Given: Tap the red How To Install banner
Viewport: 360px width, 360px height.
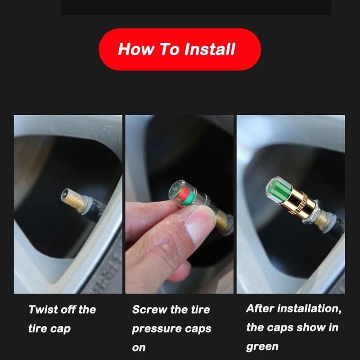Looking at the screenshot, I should (x=180, y=49).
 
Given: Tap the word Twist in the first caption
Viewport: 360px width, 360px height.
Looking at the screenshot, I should (x=44, y=310).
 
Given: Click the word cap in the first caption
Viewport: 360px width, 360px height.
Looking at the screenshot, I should (x=60, y=329).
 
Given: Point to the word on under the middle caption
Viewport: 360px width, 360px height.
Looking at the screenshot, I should (x=139, y=348).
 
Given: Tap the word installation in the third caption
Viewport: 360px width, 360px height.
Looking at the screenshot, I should (x=310, y=309).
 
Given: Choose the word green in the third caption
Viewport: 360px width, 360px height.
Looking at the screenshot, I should (x=262, y=347).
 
